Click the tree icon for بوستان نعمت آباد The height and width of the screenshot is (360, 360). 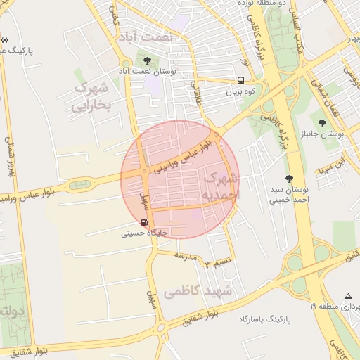[146, 60]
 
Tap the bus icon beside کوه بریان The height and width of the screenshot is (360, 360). [241, 80]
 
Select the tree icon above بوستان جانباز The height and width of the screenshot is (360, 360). [321, 122]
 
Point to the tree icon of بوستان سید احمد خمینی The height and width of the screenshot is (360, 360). [288, 179]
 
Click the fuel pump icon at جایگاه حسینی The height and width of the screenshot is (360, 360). [144, 223]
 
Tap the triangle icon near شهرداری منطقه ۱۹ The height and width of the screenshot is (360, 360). [348, 296]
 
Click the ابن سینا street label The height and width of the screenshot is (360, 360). [332, 167]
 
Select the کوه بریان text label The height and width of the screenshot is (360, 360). [243, 92]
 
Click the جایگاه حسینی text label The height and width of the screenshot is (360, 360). [143, 233]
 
